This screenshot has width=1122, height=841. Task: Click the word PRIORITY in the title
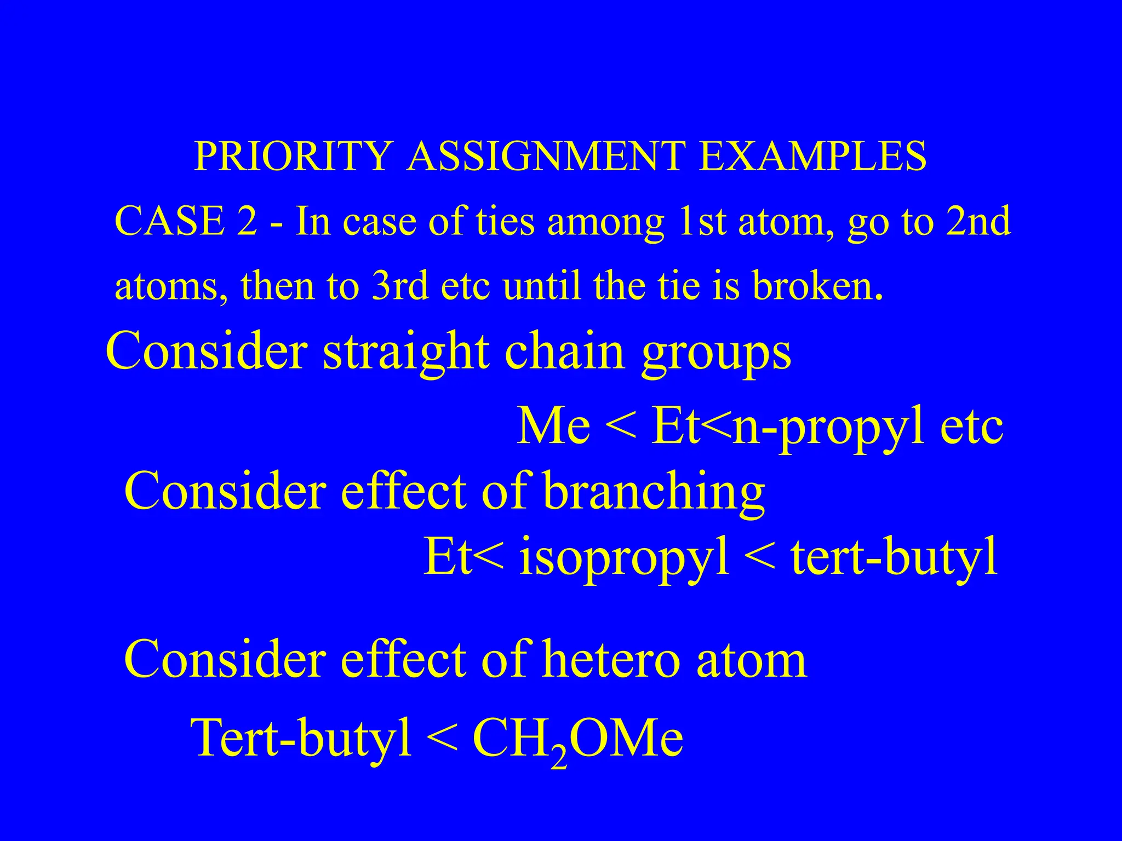(294, 157)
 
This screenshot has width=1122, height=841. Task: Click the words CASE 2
(186, 222)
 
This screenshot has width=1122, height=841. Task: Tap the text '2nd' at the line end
(978, 222)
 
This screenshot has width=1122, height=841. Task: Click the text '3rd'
(399, 286)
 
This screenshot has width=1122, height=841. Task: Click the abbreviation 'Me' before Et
(553, 426)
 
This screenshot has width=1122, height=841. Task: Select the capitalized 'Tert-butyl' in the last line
(301, 737)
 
